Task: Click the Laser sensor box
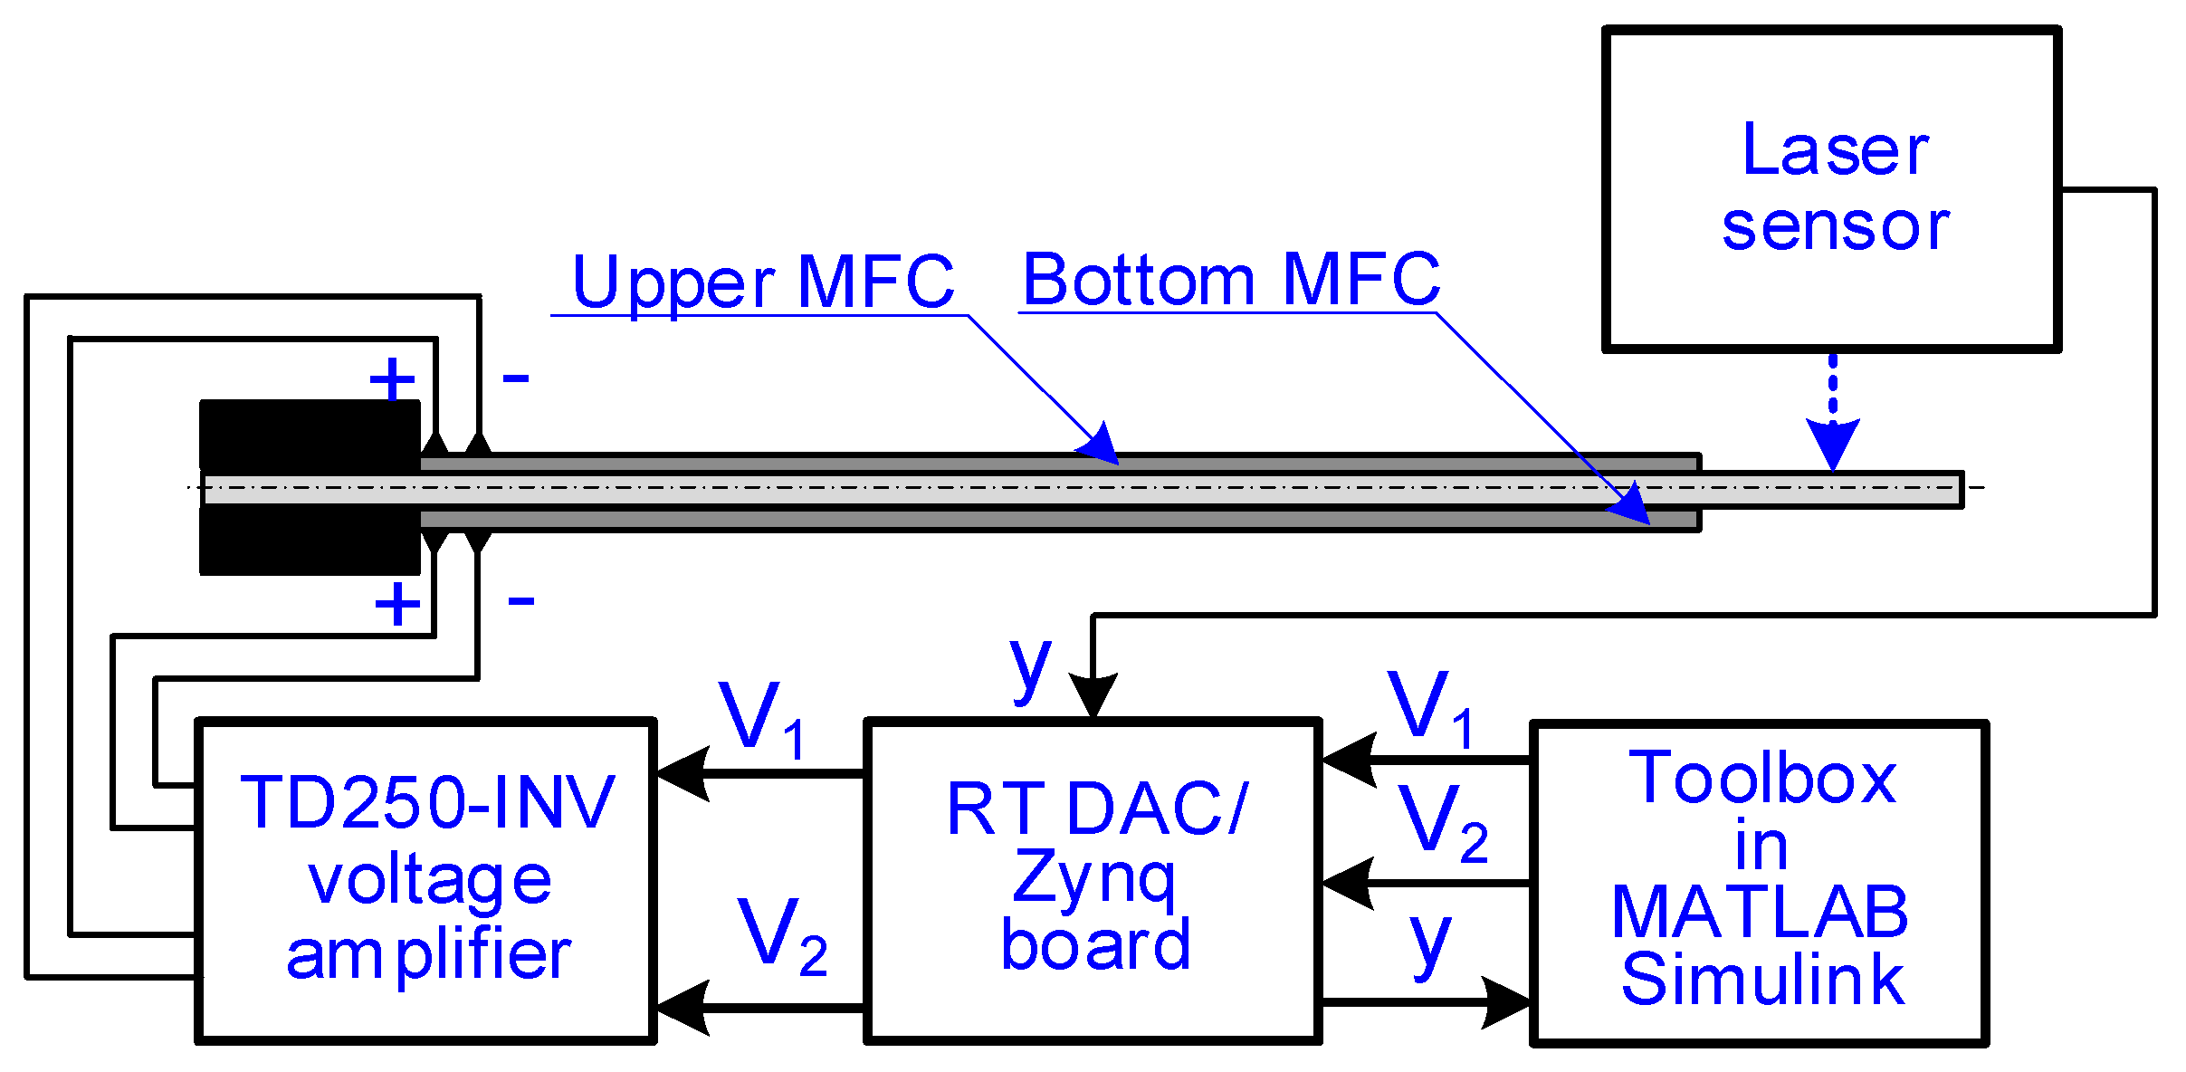point(1832,188)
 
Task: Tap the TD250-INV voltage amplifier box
point(425,881)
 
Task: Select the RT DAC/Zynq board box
point(1093,881)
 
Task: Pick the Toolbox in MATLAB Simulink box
point(1759,883)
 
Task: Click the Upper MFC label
point(763,282)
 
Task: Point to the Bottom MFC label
point(1231,280)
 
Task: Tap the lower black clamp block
point(310,541)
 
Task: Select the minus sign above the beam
point(516,378)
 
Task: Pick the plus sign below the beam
point(397,604)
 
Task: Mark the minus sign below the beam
point(521,599)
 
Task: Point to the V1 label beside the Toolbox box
point(1431,709)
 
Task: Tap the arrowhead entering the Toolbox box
point(1507,1002)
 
